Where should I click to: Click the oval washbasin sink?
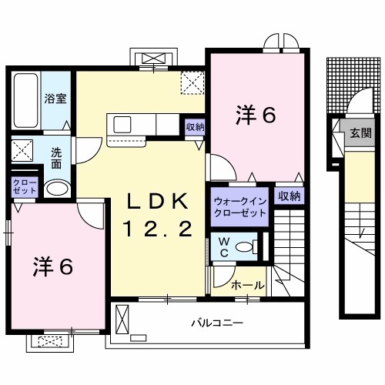pyautogui.click(x=55, y=189)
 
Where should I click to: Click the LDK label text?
pyautogui.click(x=157, y=202)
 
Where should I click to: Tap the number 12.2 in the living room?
pyautogui.click(x=157, y=229)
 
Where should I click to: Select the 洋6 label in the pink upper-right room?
pyautogui.click(x=255, y=115)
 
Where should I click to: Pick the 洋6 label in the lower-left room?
pyautogui.click(x=52, y=267)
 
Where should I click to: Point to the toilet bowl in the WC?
pyautogui.click(x=245, y=248)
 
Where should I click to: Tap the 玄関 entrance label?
pyautogui.click(x=360, y=132)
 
